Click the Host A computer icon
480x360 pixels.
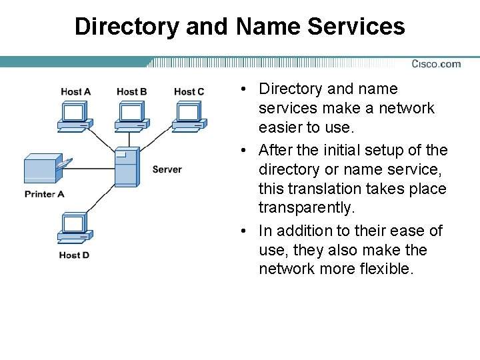click(73, 114)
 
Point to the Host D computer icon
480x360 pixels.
click(73, 229)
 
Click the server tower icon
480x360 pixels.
click(127, 167)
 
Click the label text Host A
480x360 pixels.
click(75, 92)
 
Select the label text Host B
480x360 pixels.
click(131, 92)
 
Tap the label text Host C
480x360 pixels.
click(189, 92)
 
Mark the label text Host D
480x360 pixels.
click(74, 255)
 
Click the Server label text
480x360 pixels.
click(167, 169)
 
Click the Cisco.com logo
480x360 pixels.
click(436, 64)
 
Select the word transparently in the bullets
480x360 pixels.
click(307, 208)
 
